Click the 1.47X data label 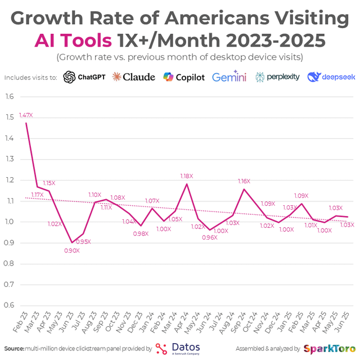(x=26, y=115)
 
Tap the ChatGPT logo (x=84, y=77)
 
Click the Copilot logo (x=184, y=77)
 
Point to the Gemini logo (x=229, y=77)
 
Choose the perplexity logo (x=278, y=77)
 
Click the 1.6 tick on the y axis (x=9, y=96)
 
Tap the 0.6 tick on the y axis (x=9, y=305)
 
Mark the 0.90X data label (x=71, y=250)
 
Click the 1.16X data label (x=244, y=181)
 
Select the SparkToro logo (x=329, y=348)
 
